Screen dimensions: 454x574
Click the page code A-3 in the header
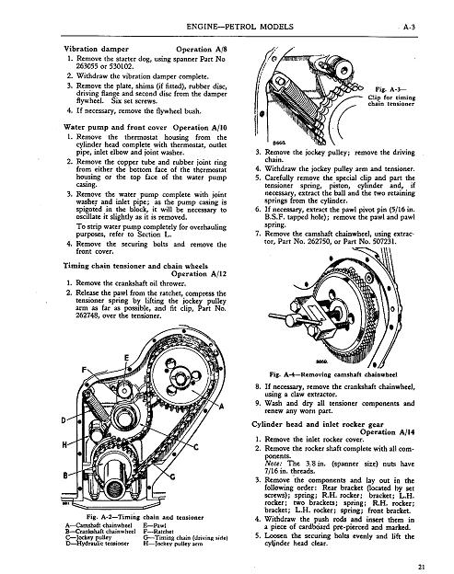point(409,27)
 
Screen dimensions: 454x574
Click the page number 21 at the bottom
point(422,567)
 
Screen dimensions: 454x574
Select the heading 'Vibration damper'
point(97,49)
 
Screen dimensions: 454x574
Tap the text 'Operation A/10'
point(200,127)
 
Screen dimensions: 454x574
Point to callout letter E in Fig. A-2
point(126,358)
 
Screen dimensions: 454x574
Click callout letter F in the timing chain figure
point(84,370)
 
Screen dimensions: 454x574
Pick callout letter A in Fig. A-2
point(221,406)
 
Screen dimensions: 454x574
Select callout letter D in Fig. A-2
point(64,420)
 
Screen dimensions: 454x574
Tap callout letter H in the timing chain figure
point(64,445)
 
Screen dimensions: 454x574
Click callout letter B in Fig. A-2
point(65,476)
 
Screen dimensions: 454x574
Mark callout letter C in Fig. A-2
point(196,447)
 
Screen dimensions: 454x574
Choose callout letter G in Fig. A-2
point(172,476)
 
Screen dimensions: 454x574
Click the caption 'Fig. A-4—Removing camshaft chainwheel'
point(333,374)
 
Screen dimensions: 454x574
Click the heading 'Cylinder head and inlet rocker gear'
point(318,424)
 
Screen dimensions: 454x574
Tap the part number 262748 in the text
point(87,316)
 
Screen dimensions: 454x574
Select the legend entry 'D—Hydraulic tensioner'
point(97,544)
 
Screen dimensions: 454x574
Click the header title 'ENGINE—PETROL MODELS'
point(239,27)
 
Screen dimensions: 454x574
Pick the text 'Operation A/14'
point(388,432)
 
